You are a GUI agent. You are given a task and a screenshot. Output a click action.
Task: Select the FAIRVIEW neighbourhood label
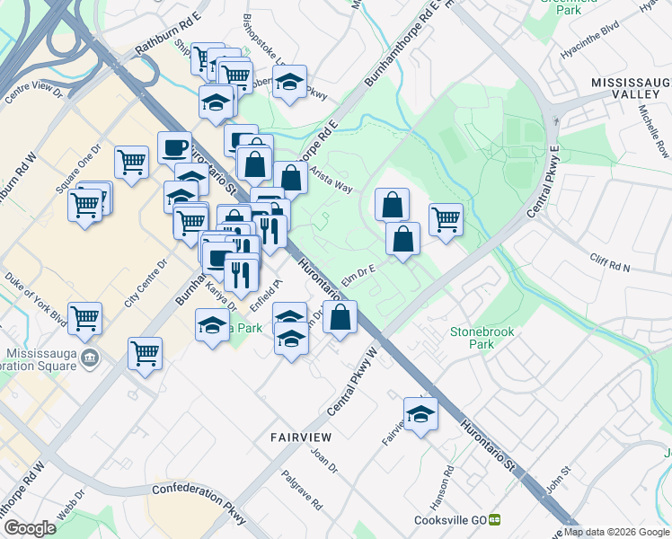301,437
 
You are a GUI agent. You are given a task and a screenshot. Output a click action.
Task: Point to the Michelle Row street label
654,131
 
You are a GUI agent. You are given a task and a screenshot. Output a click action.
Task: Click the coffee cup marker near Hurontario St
174,146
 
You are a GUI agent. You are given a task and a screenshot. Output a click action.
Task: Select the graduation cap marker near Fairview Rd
420,413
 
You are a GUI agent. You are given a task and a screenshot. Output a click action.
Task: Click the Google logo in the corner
31,528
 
